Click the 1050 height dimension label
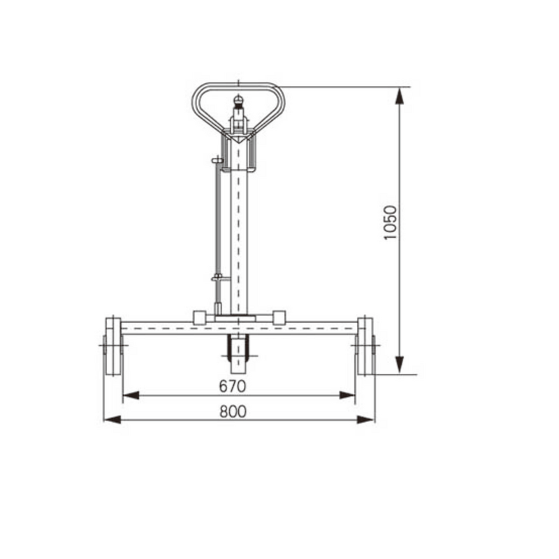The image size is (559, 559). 391,223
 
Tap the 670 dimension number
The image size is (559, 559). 233,386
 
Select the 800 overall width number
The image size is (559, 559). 233,411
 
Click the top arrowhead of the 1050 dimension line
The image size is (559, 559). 400,96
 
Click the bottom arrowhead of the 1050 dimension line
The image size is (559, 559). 400,365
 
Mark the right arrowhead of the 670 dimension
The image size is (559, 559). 347,395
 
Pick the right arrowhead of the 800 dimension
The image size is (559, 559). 366,419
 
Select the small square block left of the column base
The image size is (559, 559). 199,317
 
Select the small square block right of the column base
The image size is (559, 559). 279,317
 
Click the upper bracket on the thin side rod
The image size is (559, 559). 217,161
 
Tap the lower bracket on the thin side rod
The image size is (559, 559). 219,278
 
